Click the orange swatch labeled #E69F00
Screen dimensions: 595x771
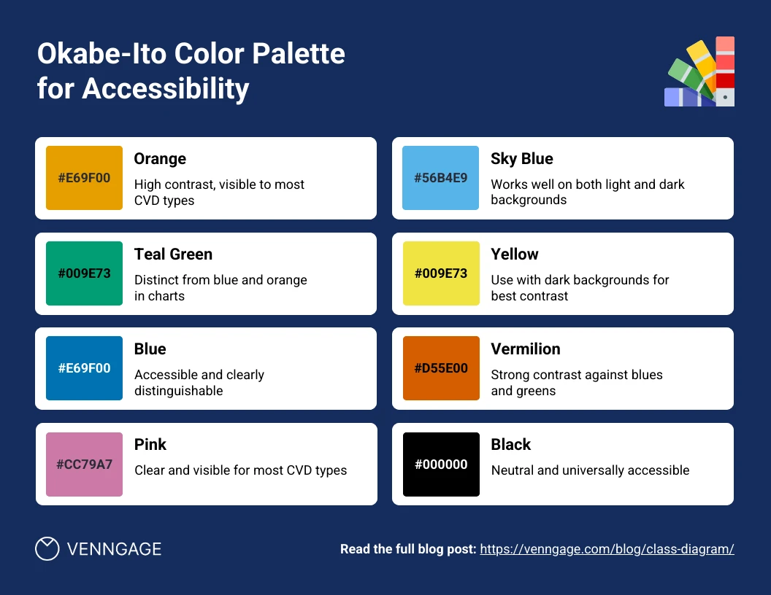click(84, 178)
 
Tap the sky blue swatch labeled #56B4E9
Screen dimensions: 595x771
click(441, 178)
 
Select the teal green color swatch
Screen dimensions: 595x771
click(84, 273)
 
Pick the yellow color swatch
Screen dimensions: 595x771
click(441, 273)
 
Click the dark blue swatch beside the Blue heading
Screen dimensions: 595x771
click(84, 368)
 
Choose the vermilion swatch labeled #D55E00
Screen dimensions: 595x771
click(441, 368)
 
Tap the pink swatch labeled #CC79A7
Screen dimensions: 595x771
click(84, 464)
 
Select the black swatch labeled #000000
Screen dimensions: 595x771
click(441, 464)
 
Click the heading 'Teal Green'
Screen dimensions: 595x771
click(173, 254)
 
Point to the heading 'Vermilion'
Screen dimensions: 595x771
click(526, 349)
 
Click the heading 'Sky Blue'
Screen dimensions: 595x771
click(522, 159)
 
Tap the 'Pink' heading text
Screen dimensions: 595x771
click(150, 445)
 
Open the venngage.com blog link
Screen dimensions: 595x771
click(607, 549)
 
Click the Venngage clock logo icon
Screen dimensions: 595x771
click(47, 548)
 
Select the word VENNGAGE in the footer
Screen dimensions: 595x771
click(114, 549)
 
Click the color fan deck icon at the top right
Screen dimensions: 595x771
click(700, 72)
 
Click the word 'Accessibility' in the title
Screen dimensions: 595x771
click(165, 88)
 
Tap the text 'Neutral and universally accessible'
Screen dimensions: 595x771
click(590, 470)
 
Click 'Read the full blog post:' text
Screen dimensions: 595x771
click(408, 549)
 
